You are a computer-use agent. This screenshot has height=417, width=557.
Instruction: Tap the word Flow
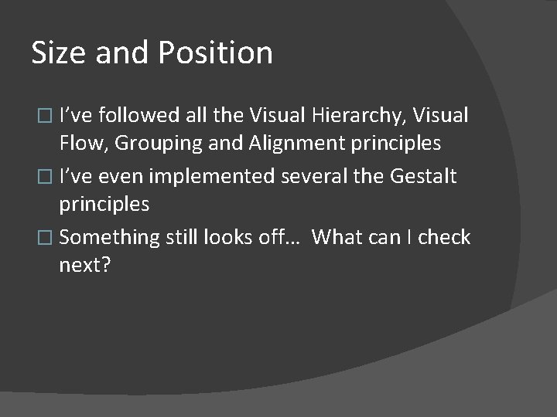[80, 143]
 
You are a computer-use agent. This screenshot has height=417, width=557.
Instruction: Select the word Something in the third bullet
[109, 237]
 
